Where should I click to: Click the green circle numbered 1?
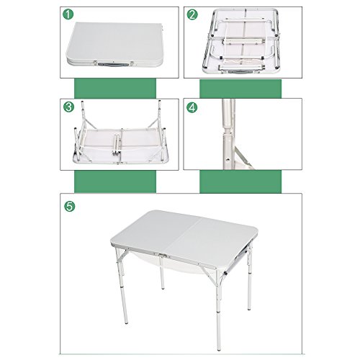[68, 14]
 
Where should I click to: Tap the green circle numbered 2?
[192, 14]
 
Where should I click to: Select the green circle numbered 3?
[68, 107]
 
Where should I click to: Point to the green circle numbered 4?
[192, 107]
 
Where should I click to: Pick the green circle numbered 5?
[70, 206]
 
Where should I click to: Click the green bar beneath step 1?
[115, 89]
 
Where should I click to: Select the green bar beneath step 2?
[240, 89]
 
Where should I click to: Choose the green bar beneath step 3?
[115, 181]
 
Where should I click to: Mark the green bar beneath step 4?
[240, 181]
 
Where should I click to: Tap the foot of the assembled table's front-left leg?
[126, 323]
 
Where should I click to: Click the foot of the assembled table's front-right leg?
[218, 349]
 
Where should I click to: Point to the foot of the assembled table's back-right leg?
[250, 309]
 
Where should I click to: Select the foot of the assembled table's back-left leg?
[163, 288]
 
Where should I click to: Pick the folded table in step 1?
[114, 45]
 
